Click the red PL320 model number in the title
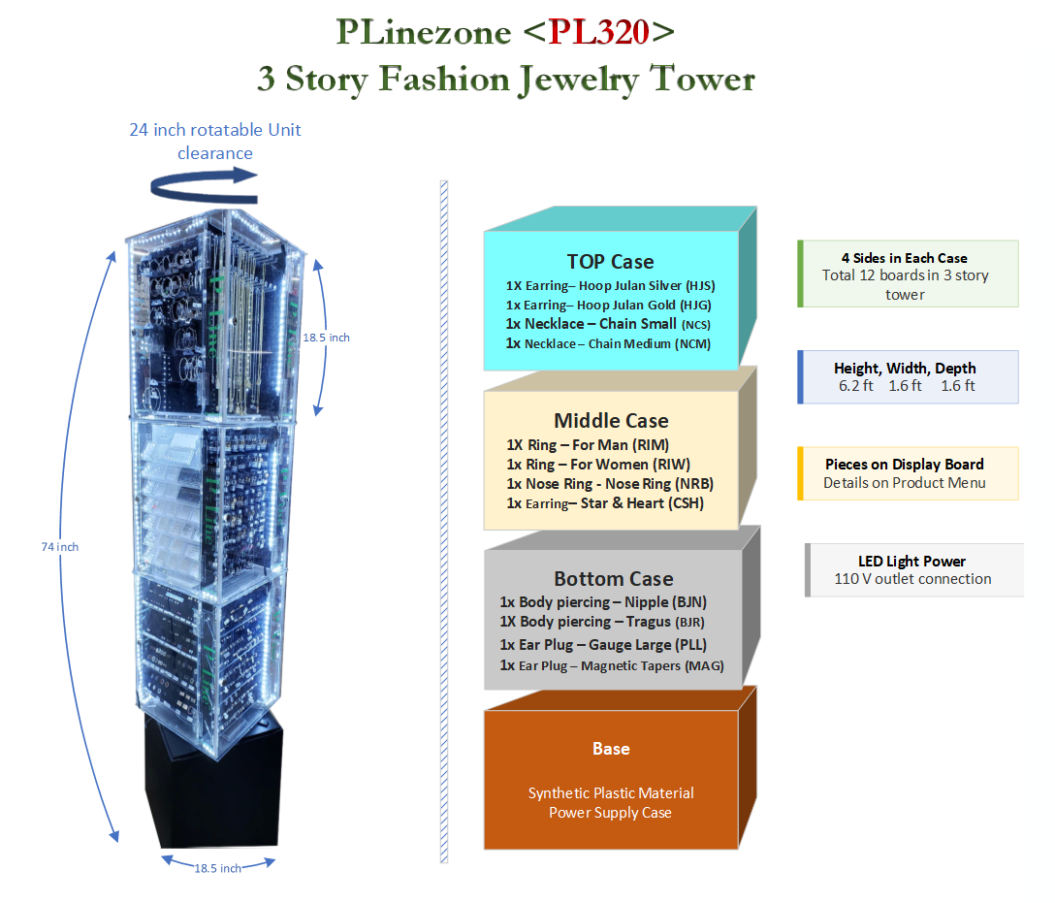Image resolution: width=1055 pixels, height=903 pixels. click(598, 32)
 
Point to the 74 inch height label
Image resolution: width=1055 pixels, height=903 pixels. click(60, 547)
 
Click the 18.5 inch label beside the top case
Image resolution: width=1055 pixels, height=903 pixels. click(326, 338)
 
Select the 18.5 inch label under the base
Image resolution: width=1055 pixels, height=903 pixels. click(217, 868)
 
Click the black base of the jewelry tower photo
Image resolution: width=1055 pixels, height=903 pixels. click(211, 776)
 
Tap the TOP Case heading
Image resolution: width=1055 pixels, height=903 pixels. click(610, 262)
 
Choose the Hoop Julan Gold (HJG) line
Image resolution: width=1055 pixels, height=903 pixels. click(610, 305)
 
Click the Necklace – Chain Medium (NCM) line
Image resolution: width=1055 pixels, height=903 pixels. click(608, 343)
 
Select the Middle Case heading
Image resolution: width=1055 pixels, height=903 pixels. click(611, 421)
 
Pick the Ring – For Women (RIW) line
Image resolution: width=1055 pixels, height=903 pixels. click(598, 465)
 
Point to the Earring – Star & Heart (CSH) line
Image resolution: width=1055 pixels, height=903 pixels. click(605, 503)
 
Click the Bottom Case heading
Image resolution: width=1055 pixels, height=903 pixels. click(613, 579)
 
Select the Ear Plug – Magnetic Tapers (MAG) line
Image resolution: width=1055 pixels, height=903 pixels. click(612, 665)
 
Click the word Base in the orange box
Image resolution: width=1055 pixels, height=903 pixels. click(611, 749)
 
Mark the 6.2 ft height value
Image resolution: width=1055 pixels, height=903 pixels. click(855, 386)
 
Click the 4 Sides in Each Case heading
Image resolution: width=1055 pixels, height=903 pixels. click(904, 258)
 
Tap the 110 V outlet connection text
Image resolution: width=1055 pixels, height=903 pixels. click(912, 579)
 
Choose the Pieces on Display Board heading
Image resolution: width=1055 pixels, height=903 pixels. click(904, 465)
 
